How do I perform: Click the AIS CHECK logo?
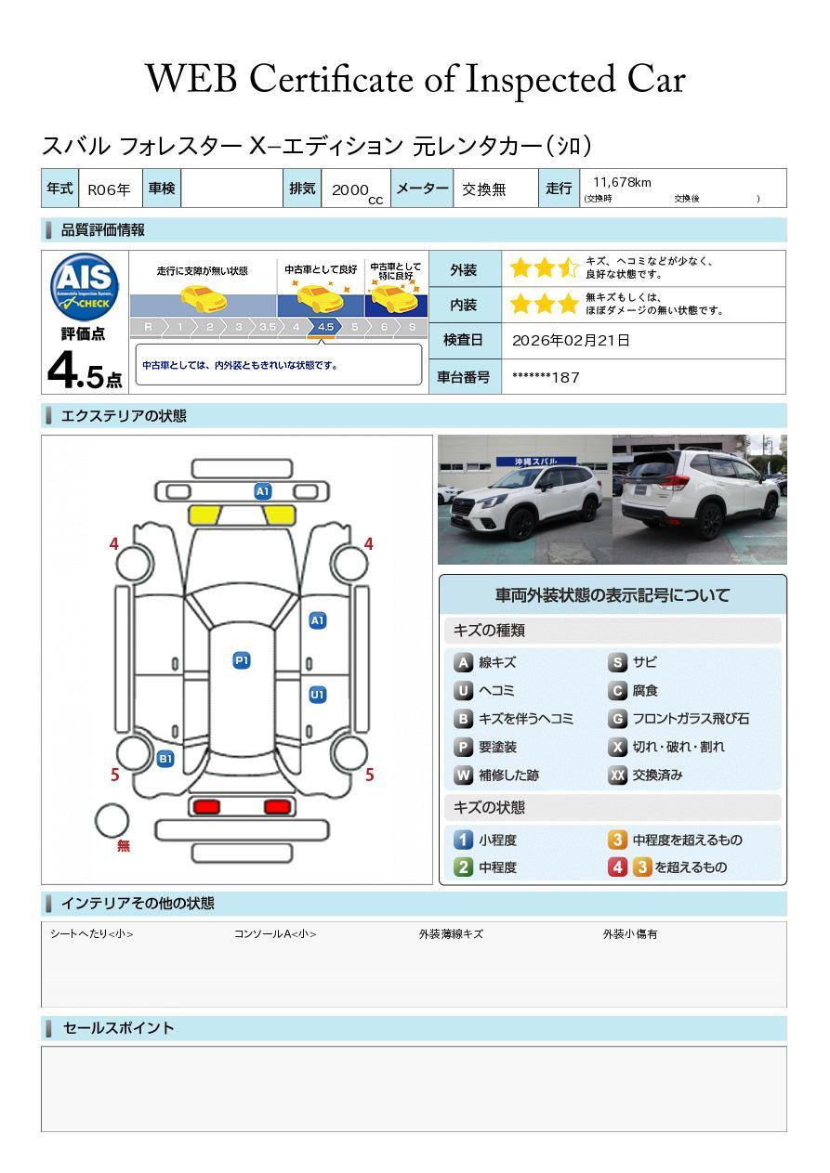coord(85,287)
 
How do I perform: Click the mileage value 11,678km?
coord(622,182)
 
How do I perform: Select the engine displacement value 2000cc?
coord(357,191)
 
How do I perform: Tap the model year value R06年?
coord(109,189)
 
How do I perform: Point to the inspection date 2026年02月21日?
coord(571,340)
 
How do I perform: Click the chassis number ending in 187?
coord(546,378)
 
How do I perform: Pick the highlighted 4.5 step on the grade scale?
coord(325,327)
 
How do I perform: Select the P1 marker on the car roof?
coord(242,660)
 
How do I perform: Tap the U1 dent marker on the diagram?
coord(318,695)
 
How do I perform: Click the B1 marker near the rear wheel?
coord(165,759)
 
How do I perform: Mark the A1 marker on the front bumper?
coord(262,491)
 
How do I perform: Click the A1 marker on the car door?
coord(318,620)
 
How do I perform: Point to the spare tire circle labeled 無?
coord(112,821)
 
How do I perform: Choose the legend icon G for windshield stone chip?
coord(617,719)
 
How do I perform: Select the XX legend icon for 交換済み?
coord(617,775)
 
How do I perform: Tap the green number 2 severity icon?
coord(463,867)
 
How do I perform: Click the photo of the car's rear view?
coord(700,499)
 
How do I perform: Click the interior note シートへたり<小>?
coord(92,934)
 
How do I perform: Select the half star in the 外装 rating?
coord(568,268)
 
